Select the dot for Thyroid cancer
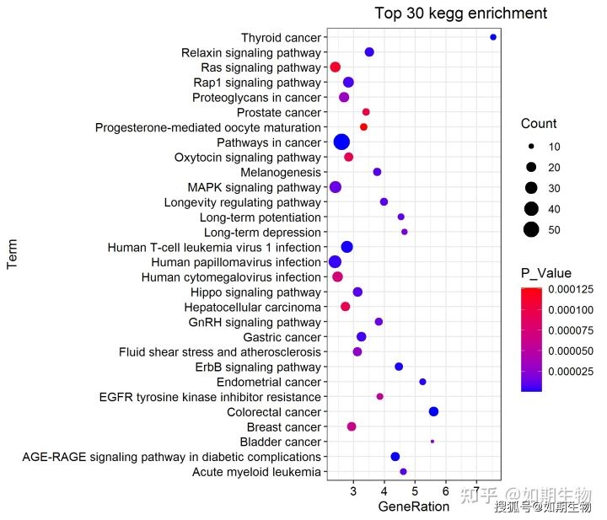[x=493, y=37]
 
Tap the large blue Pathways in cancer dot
[x=341, y=142]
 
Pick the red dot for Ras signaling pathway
[x=335, y=67]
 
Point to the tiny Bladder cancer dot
[x=432, y=441]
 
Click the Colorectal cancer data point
[x=433, y=411]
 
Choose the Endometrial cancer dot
[x=422, y=382]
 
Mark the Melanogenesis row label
[x=282, y=172]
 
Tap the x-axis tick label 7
[x=476, y=491]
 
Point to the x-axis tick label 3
[x=353, y=491]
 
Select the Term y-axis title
[x=13, y=254]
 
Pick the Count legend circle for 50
[x=531, y=229]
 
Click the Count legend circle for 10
[x=531, y=147]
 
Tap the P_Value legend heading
[x=546, y=273]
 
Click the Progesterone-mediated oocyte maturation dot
[x=363, y=126]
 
